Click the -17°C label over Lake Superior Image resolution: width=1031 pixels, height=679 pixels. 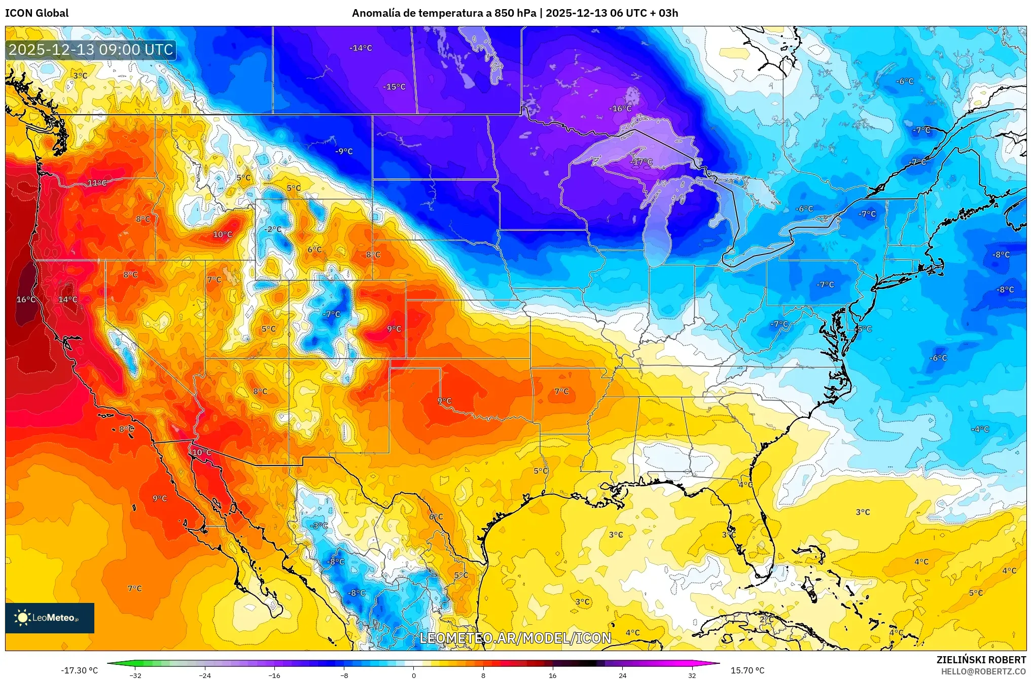tap(642, 162)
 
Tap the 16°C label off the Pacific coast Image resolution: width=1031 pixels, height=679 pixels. tap(26, 300)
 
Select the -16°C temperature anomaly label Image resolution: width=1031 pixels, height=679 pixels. tap(620, 109)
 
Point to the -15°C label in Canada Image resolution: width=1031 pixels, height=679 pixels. tap(394, 87)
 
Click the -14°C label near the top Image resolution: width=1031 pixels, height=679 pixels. tap(361, 48)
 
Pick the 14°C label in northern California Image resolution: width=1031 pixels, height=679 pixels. tap(67, 300)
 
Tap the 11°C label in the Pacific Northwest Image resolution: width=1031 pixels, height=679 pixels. tap(97, 183)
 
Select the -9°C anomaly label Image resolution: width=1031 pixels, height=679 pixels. tap(343, 151)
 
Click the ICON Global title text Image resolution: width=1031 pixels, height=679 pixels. tap(37, 13)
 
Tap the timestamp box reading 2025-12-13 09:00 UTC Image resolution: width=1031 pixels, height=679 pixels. tap(91, 50)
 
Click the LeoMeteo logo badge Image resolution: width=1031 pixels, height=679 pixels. tap(50, 618)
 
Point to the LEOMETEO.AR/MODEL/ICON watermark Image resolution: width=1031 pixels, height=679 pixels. tap(515, 638)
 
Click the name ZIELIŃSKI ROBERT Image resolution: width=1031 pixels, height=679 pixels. tap(981, 660)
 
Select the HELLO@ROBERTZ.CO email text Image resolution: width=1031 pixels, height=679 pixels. tap(983, 671)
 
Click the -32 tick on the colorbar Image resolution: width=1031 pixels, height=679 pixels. tap(135, 675)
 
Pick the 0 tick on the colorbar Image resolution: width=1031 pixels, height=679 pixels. tap(414, 675)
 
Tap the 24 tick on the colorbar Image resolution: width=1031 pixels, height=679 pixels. tap(622, 675)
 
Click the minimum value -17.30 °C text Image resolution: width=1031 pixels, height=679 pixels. tap(80, 670)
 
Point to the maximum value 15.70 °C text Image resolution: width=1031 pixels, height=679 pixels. tap(747, 670)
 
